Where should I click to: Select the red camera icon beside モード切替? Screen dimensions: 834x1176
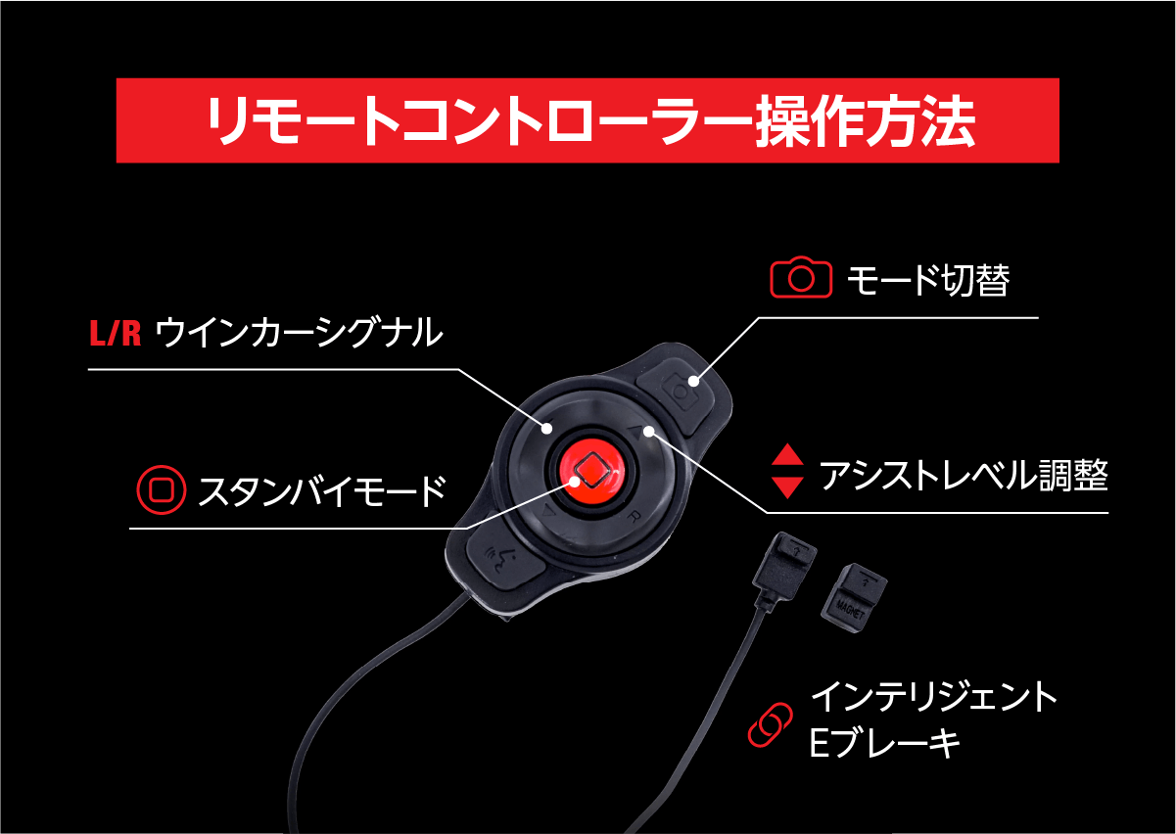coord(801,279)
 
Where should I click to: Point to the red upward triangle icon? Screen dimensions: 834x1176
coord(787,456)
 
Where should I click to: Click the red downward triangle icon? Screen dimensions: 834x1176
coord(787,486)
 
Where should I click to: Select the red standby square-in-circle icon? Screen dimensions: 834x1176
coord(161,489)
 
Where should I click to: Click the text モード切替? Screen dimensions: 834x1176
coord(927,281)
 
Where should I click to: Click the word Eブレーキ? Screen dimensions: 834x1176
coord(884,743)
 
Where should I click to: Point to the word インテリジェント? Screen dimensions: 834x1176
coord(934,698)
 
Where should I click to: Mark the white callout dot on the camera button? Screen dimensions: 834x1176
coord(693,381)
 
